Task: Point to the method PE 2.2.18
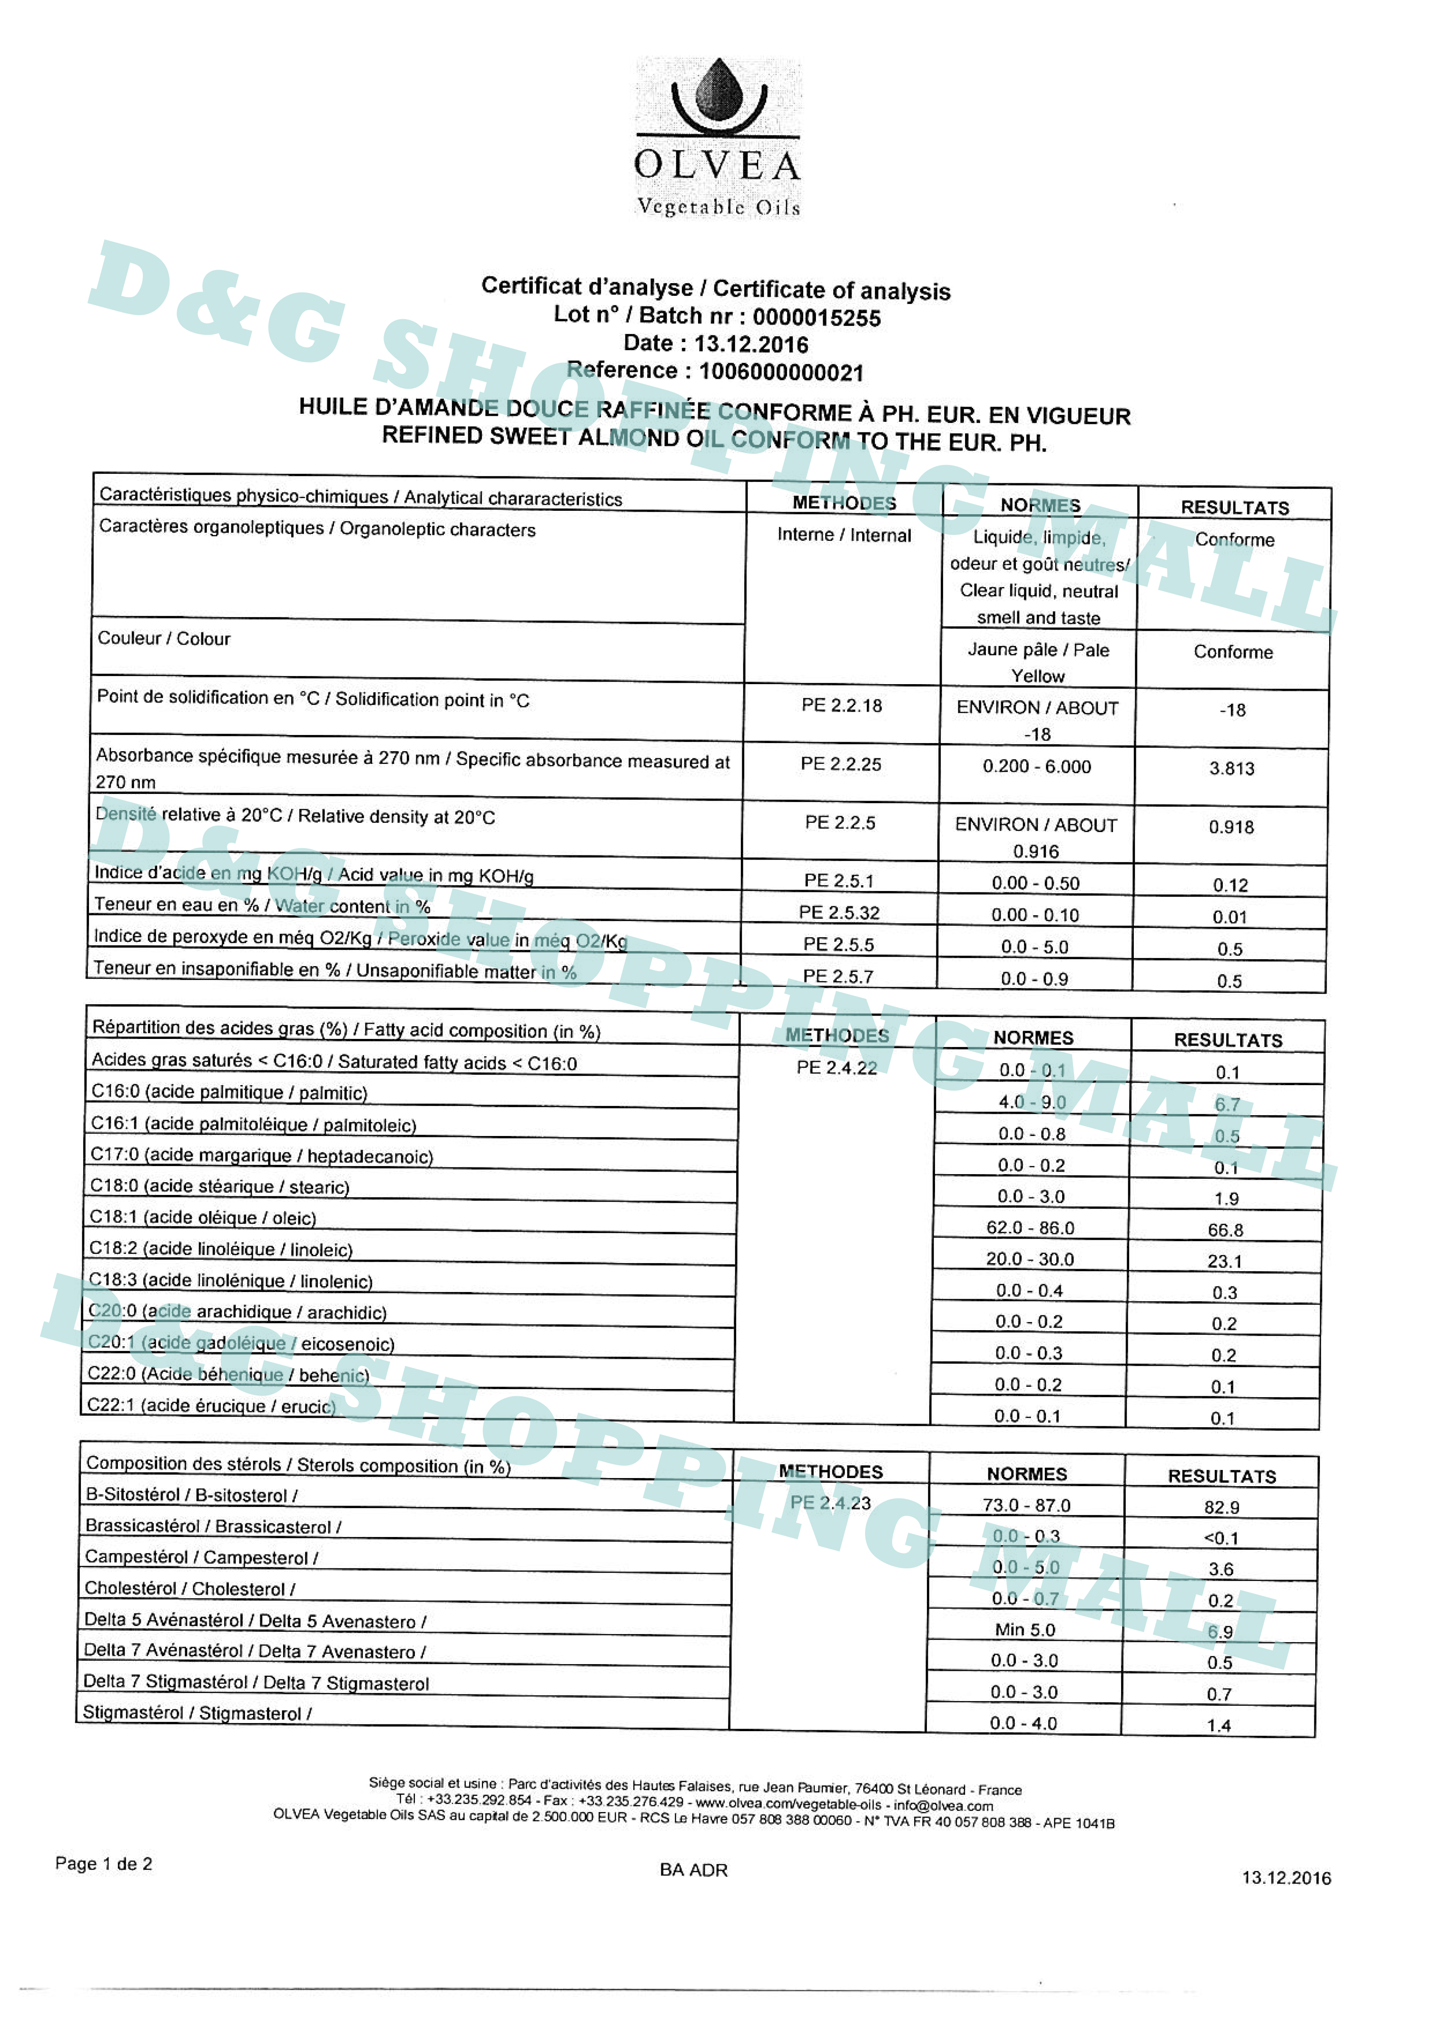[841, 705]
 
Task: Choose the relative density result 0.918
[1231, 827]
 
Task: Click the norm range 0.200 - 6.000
[1037, 766]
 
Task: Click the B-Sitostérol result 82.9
[1221, 1507]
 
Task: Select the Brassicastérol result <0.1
[1221, 1538]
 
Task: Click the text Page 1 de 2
[103, 1864]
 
